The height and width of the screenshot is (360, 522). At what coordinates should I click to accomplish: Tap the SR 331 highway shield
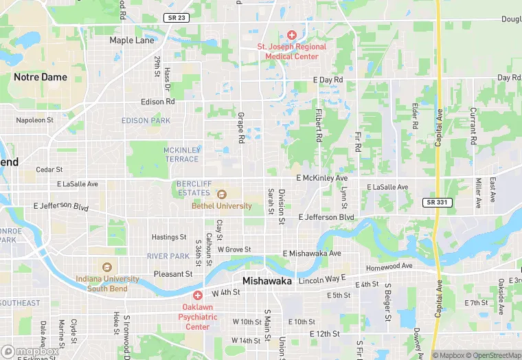click(433, 202)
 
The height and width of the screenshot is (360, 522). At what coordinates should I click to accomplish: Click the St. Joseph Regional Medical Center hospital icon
click(291, 34)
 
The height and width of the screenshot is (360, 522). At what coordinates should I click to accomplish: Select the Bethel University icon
click(221, 194)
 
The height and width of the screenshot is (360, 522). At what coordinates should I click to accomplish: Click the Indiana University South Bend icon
click(106, 267)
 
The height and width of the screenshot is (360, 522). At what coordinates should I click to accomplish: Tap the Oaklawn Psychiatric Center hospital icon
click(197, 295)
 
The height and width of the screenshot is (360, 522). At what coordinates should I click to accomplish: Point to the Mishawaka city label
click(267, 282)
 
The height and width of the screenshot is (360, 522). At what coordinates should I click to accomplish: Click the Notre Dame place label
click(41, 77)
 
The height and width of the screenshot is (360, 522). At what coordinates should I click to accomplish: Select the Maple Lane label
click(132, 41)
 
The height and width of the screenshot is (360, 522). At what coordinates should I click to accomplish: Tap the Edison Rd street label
click(158, 102)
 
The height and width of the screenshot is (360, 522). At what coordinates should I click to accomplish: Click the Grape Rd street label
click(241, 128)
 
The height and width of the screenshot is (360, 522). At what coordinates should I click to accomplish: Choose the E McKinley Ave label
click(322, 178)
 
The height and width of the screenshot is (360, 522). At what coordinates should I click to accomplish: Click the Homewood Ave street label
click(389, 267)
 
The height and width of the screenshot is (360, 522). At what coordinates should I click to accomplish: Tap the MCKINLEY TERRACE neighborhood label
click(182, 155)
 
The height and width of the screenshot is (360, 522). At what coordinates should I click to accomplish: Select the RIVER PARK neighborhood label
click(168, 256)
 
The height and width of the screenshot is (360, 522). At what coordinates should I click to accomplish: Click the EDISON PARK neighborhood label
click(146, 121)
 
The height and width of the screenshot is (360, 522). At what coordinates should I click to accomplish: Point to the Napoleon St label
click(35, 120)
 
